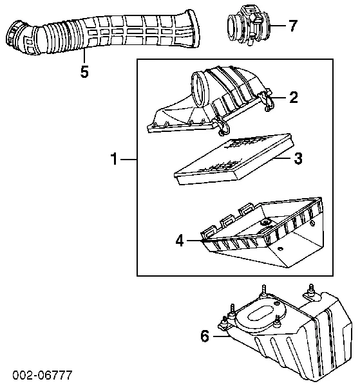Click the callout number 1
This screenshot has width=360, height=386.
(x=114, y=159)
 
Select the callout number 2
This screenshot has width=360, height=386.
(x=294, y=97)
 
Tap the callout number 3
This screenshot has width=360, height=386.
(x=298, y=158)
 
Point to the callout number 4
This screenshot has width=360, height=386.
(x=180, y=240)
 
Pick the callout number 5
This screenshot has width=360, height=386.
(x=84, y=72)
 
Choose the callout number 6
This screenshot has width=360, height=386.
(x=205, y=336)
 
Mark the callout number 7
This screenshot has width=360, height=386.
(x=293, y=25)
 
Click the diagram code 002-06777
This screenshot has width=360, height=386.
(x=43, y=376)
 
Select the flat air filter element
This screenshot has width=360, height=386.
(x=234, y=160)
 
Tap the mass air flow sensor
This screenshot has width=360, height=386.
(x=249, y=26)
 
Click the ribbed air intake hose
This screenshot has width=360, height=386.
(x=102, y=32)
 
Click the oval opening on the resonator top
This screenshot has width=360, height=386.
(x=260, y=314)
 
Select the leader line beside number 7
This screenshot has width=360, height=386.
(x=278, y=25)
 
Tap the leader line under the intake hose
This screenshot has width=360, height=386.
(x=84, y=55)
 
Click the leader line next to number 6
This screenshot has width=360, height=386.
(x=221, y=336)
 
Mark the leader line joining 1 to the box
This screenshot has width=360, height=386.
(x=129, y=160)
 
